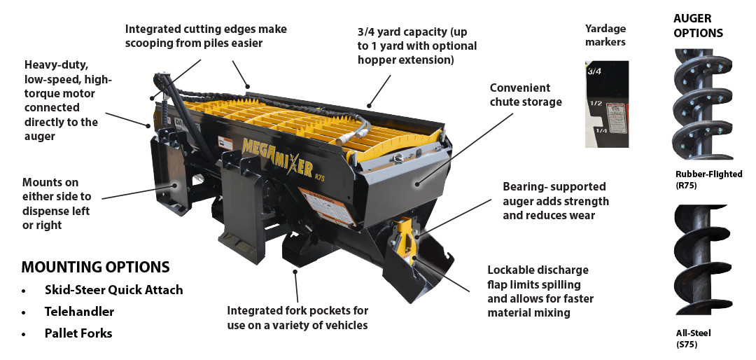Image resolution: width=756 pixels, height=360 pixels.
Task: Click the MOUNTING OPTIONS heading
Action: [95, 267]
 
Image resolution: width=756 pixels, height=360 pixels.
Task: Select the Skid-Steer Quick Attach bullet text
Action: [113, 289]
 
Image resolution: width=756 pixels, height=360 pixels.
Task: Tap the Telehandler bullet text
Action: [79, 311]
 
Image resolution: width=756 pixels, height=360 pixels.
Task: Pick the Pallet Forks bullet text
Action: [78, 333]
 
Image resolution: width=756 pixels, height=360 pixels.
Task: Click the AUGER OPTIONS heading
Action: [698, 25]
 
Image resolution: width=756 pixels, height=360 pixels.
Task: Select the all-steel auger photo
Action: [701, 261]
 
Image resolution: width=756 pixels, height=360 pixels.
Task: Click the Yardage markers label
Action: [605, 34]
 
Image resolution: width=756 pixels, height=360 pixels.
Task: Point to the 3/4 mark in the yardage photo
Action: [594, 71]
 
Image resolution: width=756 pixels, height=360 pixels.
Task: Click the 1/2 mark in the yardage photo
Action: [596, 103]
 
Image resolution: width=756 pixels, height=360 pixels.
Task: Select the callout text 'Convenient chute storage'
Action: [526, 95]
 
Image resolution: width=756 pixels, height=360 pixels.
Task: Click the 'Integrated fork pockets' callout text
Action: [297, 317]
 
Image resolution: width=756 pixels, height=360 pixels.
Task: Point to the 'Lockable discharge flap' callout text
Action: [538, 291]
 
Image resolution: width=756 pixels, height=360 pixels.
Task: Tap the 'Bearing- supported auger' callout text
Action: [556, 201]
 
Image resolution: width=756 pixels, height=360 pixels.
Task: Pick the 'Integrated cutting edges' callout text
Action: [206, 35]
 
